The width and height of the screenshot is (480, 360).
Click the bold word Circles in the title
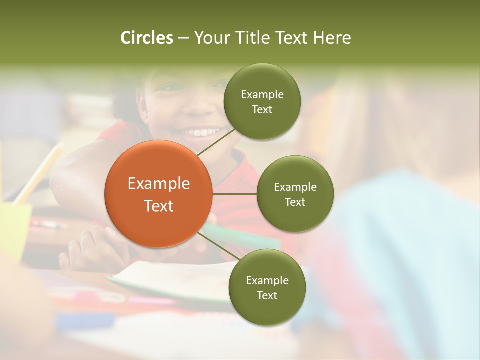tap(147, 38)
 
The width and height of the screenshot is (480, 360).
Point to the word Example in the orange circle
tap(159, 184)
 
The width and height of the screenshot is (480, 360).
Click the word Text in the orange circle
tap(159, 206)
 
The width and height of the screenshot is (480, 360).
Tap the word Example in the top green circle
tap(262, 95)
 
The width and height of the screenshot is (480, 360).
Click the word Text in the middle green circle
tap(295, 202)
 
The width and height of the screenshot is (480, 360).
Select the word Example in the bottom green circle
tap(267, 281)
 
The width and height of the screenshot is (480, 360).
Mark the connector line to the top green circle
tap(216, 141)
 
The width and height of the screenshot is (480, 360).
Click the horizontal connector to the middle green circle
tap(234, 194)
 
